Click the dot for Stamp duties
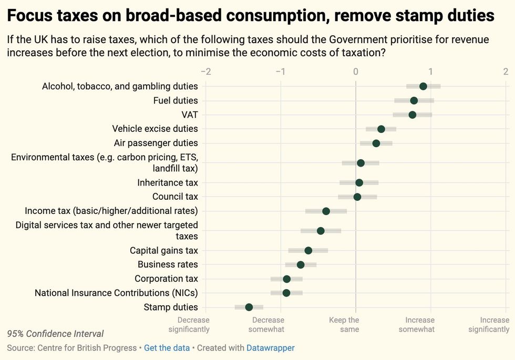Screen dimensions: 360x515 (x=249, y=307)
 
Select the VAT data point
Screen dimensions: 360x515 (x=413, y=115)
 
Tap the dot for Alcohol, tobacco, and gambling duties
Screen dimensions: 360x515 (x=423, y=86)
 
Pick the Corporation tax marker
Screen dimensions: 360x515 (x=286, y=279)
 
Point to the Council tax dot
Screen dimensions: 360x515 (x=357, y=197)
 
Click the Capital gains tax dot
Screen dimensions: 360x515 (x=308, y=250)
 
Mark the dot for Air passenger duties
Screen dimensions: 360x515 (x=376, y=143)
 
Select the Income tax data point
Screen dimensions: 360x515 (x=326, y=211)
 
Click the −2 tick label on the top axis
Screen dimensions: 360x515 (x=205, y=71)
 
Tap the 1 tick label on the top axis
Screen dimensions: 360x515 (x=430, y=71)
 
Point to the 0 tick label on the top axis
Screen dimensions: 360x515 (x=356, y=71)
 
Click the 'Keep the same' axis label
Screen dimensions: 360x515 (x=344, y=324)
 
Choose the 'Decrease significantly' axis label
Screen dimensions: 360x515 (x=189, y=324)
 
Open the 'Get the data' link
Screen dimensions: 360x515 (x=167, y=348)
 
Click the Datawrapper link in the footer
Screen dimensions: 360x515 (x=271, y=348)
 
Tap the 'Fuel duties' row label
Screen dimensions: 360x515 (x=176, y=100)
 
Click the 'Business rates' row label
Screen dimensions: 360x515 (x=168, y=264)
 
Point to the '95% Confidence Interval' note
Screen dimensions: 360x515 (x=55, y=334)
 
